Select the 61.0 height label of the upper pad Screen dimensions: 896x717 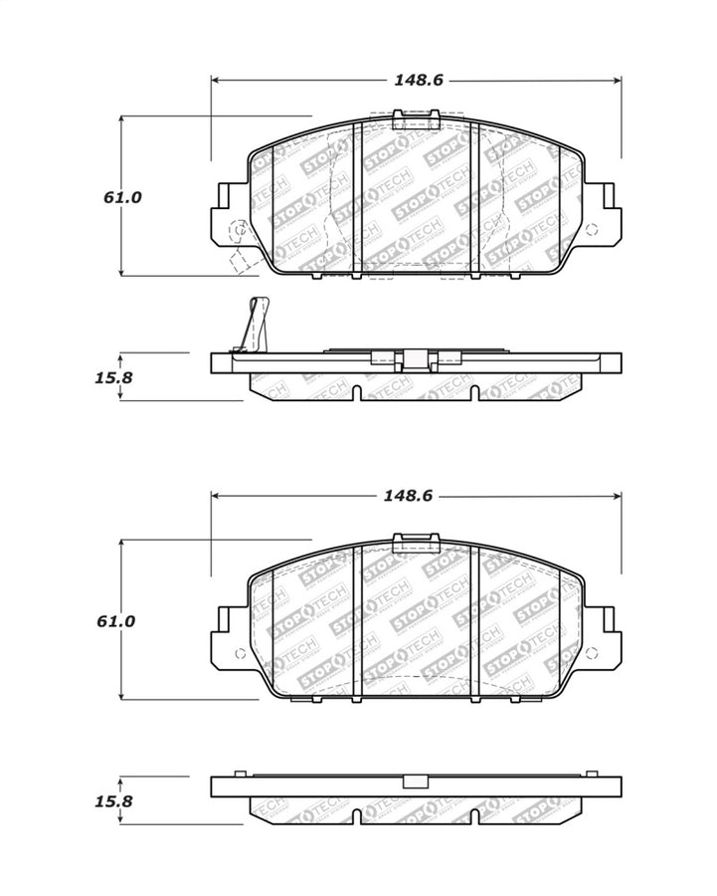point(122,197)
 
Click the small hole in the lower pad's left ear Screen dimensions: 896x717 point(239,653)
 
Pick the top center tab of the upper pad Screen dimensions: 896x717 point(417,120)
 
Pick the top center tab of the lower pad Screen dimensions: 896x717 point(417,543)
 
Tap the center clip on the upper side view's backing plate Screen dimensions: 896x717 point(416,356)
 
